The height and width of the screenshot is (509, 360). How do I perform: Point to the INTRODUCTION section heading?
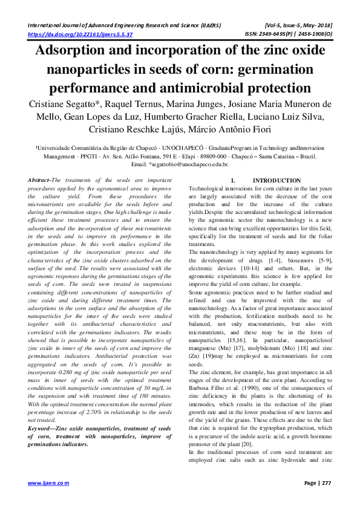pyautogui.click(x=277, y=181)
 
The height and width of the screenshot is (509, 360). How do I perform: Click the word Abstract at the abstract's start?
pyautogui.click(x=39, y=181)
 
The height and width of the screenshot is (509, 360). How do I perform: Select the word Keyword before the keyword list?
pyautogui.click(x=41, y=429)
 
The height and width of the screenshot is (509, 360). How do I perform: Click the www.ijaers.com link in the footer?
pyautogui.click(x=49, y=483)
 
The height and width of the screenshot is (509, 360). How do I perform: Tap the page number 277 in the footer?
pyautogui.click(x=326, y=483)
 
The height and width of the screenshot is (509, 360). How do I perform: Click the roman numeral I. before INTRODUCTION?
pyautogui.click(x=234, y=181)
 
